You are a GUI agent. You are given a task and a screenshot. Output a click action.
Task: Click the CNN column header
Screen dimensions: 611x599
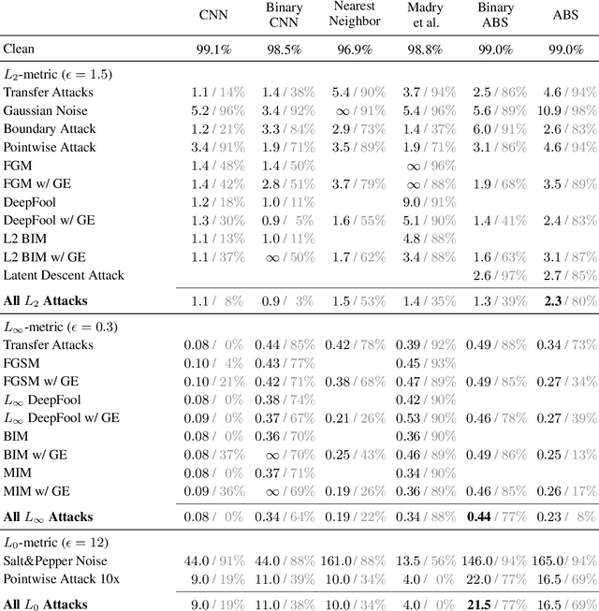click(x=213, y=15)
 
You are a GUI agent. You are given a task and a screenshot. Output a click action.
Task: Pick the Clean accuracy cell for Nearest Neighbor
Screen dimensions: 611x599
click(x=356, y=48)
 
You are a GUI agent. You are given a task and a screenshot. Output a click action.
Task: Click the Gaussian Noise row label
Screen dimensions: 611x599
click(x=43, y=110)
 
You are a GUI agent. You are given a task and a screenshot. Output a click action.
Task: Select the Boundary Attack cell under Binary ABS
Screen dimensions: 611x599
click(x=495, y=128)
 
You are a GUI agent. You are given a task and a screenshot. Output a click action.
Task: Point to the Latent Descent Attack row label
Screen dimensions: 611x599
click(x=63, y=275)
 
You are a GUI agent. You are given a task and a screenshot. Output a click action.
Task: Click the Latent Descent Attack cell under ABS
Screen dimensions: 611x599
click(x=568, y=275)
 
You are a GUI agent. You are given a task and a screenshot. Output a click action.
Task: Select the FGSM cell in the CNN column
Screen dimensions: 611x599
click(x=213, y=364)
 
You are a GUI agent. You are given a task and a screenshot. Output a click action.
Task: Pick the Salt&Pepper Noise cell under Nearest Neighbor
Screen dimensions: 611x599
click(x=354, y=560)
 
